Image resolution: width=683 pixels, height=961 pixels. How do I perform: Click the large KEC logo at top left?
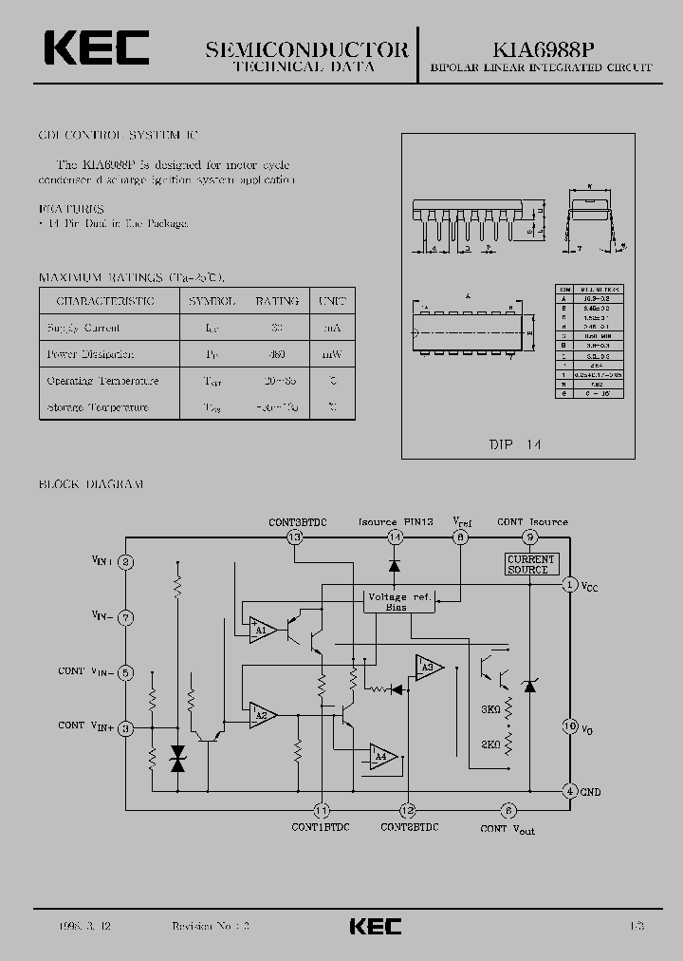95,48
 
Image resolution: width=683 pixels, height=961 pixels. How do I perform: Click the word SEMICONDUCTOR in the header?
306,49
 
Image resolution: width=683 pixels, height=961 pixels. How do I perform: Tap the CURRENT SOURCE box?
531,564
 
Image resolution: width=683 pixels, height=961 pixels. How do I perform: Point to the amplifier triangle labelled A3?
428,669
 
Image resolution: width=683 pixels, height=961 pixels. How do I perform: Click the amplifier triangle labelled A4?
383,756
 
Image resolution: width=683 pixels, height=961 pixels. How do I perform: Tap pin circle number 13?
294,537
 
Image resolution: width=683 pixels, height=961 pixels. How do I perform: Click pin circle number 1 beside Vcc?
570,584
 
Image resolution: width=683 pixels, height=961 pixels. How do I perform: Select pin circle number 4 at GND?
570,791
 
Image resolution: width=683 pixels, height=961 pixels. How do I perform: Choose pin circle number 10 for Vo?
570,726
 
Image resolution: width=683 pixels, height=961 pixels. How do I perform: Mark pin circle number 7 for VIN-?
126,618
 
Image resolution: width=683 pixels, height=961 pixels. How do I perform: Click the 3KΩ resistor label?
489,709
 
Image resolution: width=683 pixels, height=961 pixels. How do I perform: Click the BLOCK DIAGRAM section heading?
91,484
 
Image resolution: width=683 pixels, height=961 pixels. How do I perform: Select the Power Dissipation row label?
90,354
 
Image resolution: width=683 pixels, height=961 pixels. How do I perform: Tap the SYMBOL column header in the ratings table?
212,301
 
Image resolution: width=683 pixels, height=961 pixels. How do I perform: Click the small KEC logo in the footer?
376,926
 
